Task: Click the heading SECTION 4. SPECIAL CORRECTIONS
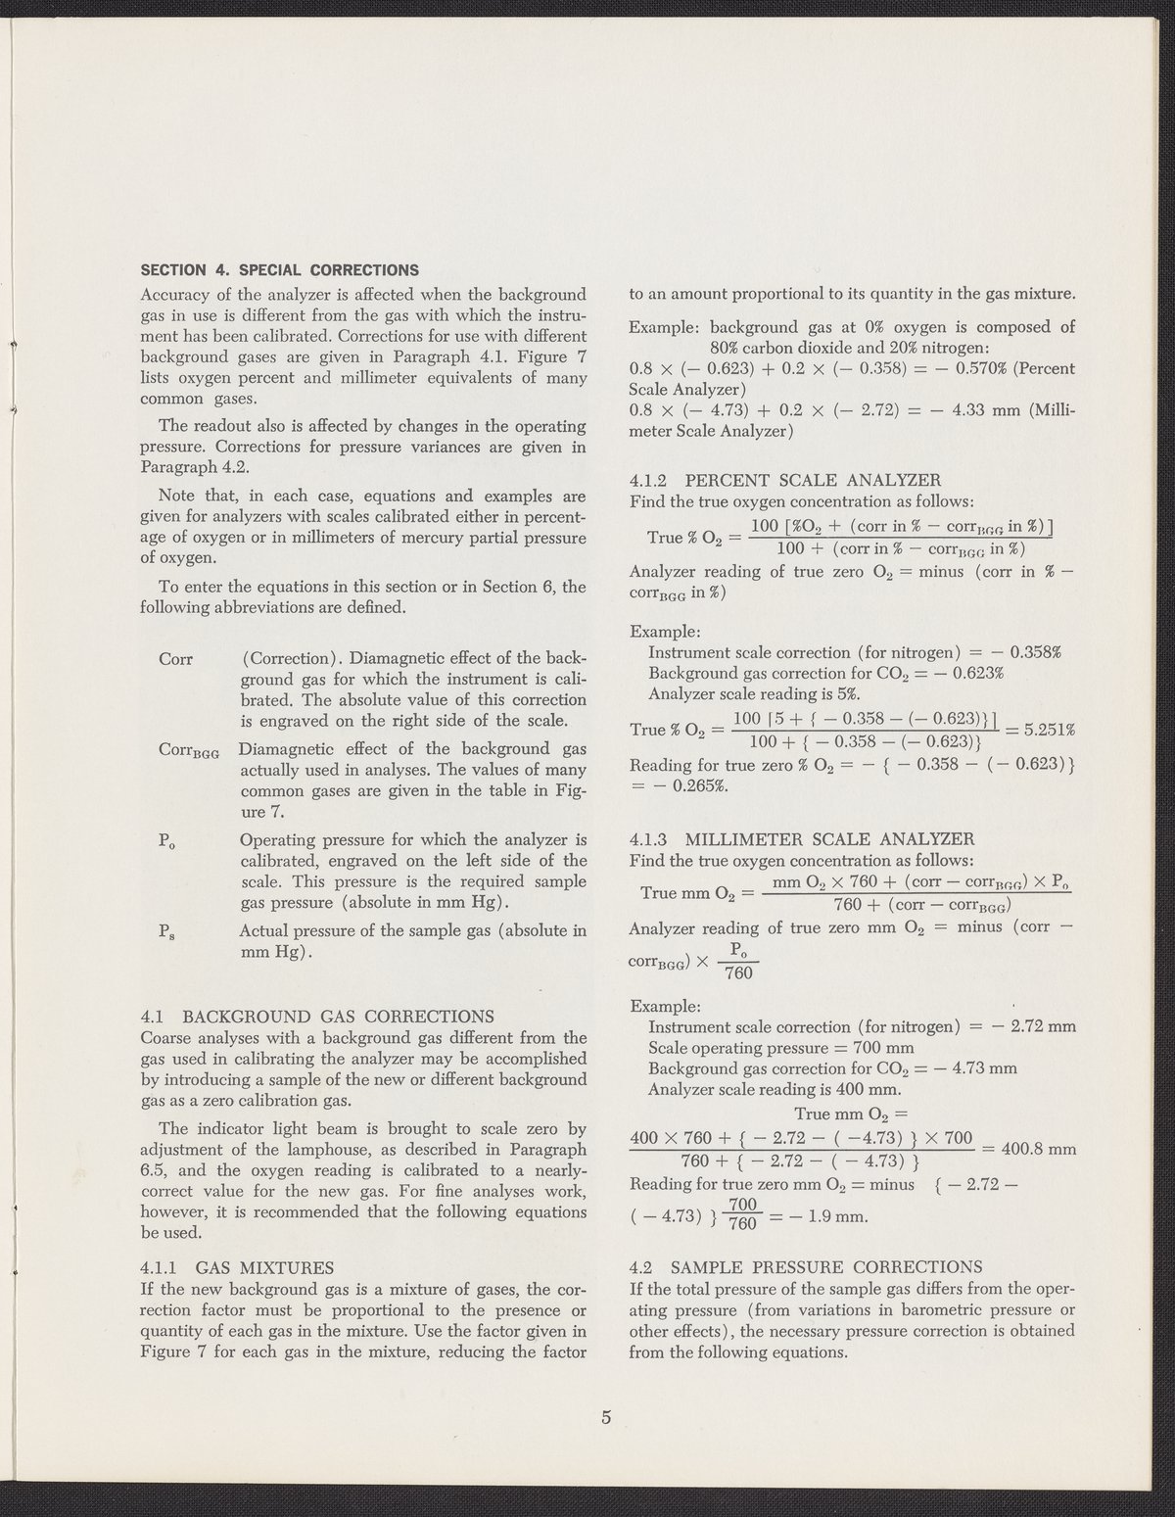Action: click(280, 270)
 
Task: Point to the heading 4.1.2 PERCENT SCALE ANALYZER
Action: click(784, 481)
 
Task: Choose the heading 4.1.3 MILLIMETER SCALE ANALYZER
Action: click(802, 839)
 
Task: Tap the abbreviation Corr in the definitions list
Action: click(175, 659)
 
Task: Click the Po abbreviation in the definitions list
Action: click(165, 840)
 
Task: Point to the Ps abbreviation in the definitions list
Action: click(165, 932)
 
